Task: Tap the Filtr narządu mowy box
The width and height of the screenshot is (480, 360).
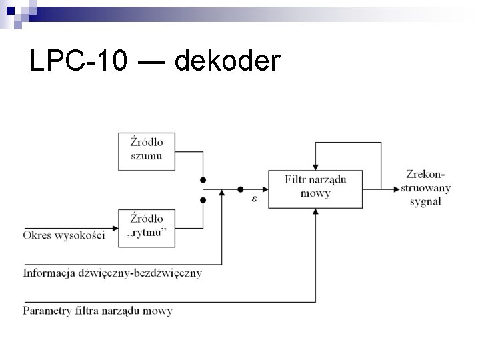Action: coord(315,187)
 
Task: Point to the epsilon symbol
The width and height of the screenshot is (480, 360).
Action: coord(254,199)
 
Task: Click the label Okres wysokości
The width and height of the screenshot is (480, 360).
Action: coord(64,235)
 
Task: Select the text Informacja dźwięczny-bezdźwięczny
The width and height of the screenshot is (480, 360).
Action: coord(112,273)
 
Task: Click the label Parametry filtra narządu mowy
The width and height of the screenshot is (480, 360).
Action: coord(97,311)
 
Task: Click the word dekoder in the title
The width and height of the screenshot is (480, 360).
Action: coord(227,61)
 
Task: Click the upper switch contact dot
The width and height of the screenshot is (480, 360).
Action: coord(203,179)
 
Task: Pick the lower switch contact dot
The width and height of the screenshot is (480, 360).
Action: coord(203,198)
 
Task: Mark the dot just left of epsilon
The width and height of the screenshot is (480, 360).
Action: coord(241,189)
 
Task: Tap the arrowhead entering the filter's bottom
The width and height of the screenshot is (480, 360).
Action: coord(315,209)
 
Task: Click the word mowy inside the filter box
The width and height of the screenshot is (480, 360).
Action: coord(315,194)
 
